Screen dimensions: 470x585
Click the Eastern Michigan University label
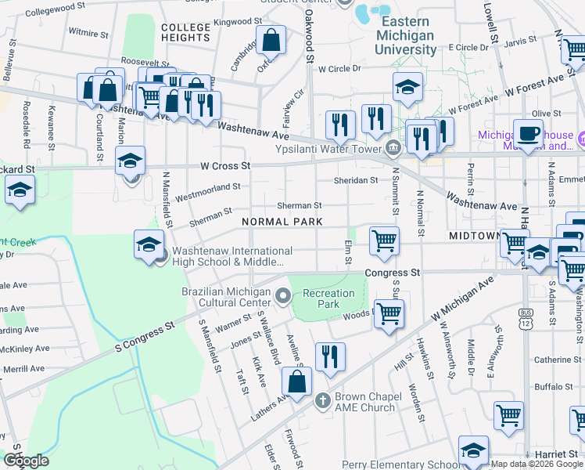pos(406,35)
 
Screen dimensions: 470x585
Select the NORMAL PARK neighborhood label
pos(282,222)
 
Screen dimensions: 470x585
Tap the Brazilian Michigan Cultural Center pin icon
pos(282,295)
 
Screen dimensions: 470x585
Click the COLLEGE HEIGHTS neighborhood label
pos(186,32)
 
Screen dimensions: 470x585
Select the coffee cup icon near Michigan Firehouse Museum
pos(528,132)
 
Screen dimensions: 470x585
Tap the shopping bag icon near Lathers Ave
pos(296,382)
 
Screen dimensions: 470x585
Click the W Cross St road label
pos(225,166)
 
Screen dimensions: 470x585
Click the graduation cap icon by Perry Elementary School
pos(473,450)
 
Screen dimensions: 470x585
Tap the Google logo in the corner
pos(26,461)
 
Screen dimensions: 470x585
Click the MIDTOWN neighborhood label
pos(474,235)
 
